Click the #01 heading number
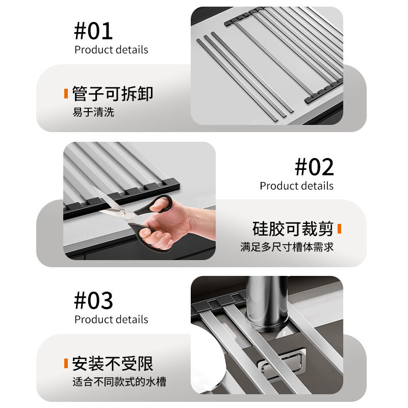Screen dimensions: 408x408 (x=93, y=31)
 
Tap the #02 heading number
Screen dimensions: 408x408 (x=314, y=167)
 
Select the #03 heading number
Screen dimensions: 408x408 (x=93, y=301)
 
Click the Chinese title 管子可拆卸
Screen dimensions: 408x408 (x=112, y=94)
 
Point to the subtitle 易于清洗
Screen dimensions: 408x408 (x=93, y=112)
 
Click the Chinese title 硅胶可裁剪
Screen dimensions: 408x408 (x=293, y=228)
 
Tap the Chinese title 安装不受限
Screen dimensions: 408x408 (x=112, y=364)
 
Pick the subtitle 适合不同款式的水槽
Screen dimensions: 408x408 (x=119, y=381)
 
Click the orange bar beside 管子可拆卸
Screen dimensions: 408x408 (x=66, y=94)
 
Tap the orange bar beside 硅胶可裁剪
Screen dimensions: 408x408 (x=339, y=228)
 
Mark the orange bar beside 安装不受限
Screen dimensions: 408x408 (x=66, y=364)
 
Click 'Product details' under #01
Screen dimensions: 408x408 (x=111, y=50)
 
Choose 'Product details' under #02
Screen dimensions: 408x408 (x=296, y=186)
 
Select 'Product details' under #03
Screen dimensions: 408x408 (x=111, y=320)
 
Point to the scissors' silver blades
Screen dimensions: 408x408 (x=115, y=214)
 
